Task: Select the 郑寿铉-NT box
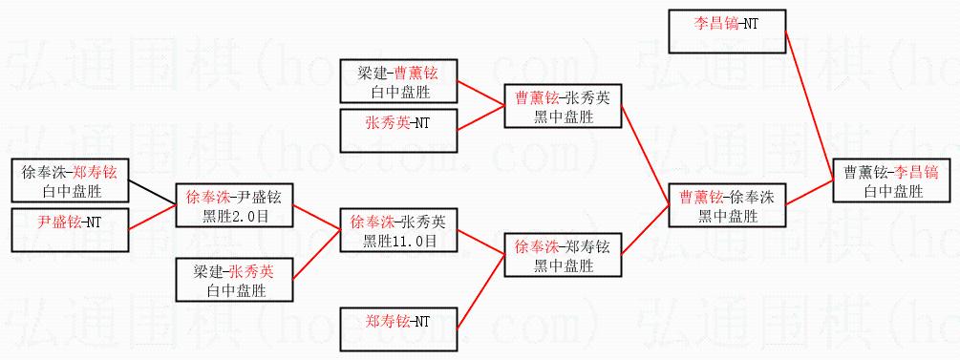(x=398, y=329)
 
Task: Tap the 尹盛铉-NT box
(x=70, y=229)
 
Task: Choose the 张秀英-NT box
(x=398, y=130)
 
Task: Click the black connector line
(x=152, y=194)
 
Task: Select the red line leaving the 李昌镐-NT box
(x=809, y=104)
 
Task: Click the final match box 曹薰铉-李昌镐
(x=891, y=180)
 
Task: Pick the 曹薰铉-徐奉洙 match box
(x=727, y=205)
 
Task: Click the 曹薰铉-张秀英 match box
(x=563, y=105)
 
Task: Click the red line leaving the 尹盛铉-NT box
(x=152, y=218)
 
